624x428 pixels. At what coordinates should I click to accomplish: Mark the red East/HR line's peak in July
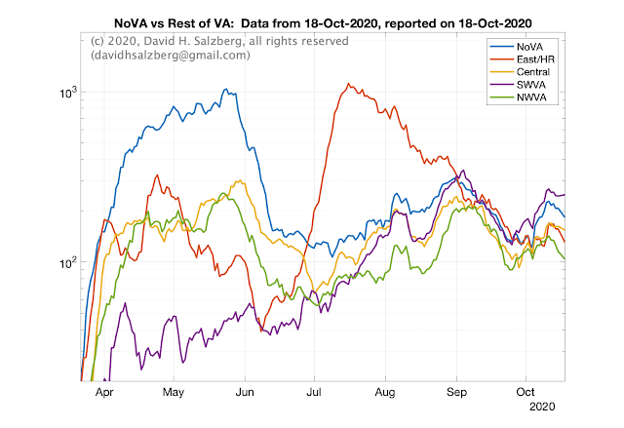(348, 84)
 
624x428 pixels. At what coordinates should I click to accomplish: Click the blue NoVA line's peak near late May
(226, 89)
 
